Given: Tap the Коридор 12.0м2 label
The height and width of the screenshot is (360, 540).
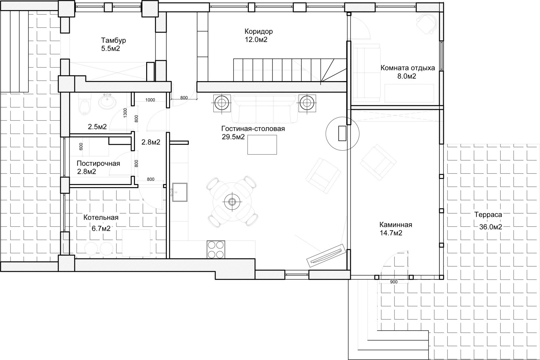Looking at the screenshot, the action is click(259, 35).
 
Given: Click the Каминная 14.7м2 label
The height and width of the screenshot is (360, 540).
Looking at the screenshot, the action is click(396, 229).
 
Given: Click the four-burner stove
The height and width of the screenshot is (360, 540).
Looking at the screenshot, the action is click(216, 250).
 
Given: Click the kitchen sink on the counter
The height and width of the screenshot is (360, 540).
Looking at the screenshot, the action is click(180, 192).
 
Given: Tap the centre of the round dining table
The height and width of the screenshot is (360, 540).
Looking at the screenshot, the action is click(232, 202).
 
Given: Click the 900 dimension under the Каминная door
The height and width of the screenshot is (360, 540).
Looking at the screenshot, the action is click(394, 282).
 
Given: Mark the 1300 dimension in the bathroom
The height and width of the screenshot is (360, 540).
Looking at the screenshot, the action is click(125, 113).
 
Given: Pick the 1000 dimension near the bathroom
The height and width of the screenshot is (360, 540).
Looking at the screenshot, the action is click(150, 100).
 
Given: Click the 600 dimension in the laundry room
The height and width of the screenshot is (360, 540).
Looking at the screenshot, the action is click(81, 147).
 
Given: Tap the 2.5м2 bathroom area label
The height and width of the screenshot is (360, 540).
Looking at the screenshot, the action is click(97, 127).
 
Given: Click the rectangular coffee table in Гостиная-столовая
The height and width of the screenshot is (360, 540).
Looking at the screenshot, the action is click(262, 145).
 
